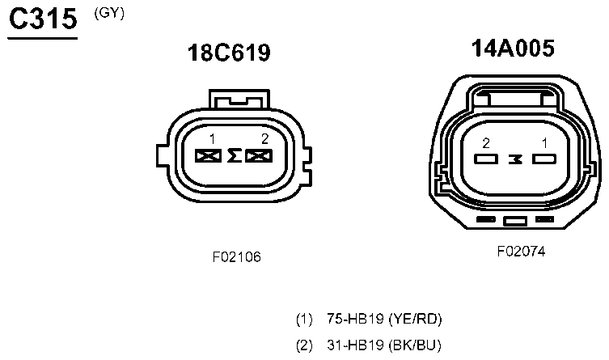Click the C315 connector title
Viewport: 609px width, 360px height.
pos(43,19)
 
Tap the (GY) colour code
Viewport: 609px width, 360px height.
pos(109,13)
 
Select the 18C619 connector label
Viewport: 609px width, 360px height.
pos(229,53)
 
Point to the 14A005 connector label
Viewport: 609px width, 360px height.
pos(513,49)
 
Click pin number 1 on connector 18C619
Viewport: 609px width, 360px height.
pos(212,139)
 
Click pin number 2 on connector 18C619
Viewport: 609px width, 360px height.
pos(265,138)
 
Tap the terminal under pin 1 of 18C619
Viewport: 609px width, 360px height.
pos(208,156)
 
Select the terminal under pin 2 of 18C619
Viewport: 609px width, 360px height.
pos(259,156)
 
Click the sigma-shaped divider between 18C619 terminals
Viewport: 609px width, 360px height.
pos(234,155)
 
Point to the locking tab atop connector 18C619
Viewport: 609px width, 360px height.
pos(239,99)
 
